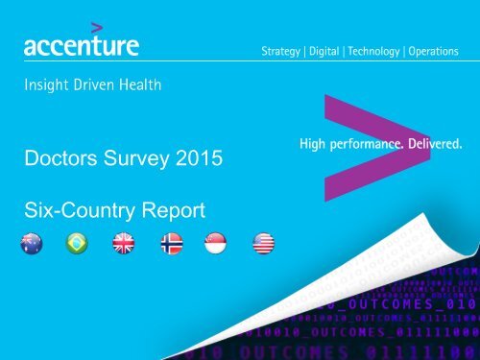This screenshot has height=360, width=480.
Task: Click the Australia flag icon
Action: (x=32, y=245)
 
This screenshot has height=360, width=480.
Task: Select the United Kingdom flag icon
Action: (x=124, y=245)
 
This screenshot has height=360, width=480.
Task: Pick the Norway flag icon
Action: (x=171, y=245)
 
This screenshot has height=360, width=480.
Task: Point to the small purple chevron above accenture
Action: (x=95, y=26)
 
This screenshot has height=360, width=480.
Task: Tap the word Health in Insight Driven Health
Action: (x=138, y=84)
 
